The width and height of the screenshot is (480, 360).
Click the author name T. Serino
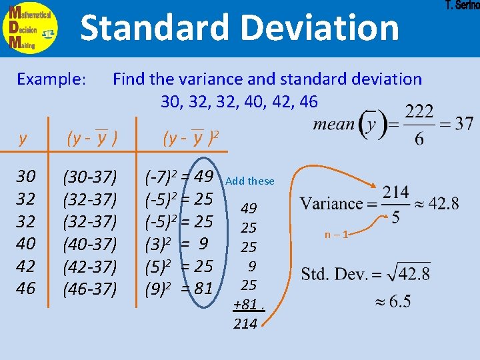tap(461, 5)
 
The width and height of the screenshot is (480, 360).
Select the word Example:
tap(51, 79)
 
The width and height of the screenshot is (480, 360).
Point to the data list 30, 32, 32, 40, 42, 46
tap(239, 101)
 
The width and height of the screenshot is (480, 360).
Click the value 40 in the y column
tap(26, 243)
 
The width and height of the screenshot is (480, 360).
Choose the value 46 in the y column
tap(26, 288)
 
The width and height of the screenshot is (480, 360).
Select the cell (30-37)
tap(90, 177)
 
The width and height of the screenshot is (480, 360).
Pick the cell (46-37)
tap(90, 289)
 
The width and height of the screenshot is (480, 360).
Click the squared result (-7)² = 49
tap(179, 177)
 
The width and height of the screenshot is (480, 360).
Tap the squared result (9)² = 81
tap(179, 289)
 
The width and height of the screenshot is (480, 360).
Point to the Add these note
tap(250, 181)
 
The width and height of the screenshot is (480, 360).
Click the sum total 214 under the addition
tap(246, 324)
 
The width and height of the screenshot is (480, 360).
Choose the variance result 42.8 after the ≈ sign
tap(443, 203)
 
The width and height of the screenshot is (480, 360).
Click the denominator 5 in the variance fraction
tap(396, 217)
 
